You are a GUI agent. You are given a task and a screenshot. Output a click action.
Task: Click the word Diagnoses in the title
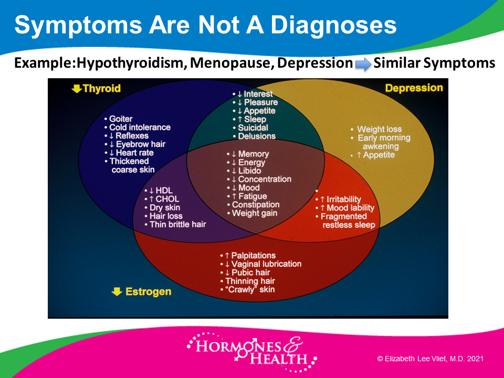coord(334,25)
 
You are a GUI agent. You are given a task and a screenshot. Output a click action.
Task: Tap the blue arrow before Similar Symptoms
coord(363,64)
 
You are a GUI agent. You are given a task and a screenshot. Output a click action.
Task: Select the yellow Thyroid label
coord(101,88)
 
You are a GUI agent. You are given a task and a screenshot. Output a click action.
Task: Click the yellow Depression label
coord(414,88)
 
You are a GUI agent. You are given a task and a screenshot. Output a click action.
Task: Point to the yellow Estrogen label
coord(148,291)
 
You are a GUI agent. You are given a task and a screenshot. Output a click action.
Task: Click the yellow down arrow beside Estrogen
coord(117,291)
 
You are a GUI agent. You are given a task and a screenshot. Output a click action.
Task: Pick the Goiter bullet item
coord(121,119)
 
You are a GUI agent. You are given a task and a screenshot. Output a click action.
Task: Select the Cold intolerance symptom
coord(140,127)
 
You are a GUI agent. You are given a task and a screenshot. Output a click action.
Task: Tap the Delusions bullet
coord(257,136)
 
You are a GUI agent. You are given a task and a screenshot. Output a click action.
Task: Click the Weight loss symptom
coord(379,129)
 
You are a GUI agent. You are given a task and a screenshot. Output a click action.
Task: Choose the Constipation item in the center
coord(256,205)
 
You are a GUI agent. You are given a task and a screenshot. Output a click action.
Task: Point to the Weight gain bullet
coord(254,213)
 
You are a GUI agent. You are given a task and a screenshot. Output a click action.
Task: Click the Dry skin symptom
coord(164,208)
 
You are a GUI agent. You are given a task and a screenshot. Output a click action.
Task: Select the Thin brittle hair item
coord(177,224)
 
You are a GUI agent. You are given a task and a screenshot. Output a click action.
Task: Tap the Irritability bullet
coord(343,199)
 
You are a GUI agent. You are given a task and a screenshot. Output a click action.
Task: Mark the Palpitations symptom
coord(253,256)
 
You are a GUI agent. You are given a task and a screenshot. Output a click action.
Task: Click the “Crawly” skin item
coord(250,289)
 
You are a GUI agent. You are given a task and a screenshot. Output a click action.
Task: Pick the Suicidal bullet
coord(253,128)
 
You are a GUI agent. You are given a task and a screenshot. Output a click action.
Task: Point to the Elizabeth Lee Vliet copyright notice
coord(430,359)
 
